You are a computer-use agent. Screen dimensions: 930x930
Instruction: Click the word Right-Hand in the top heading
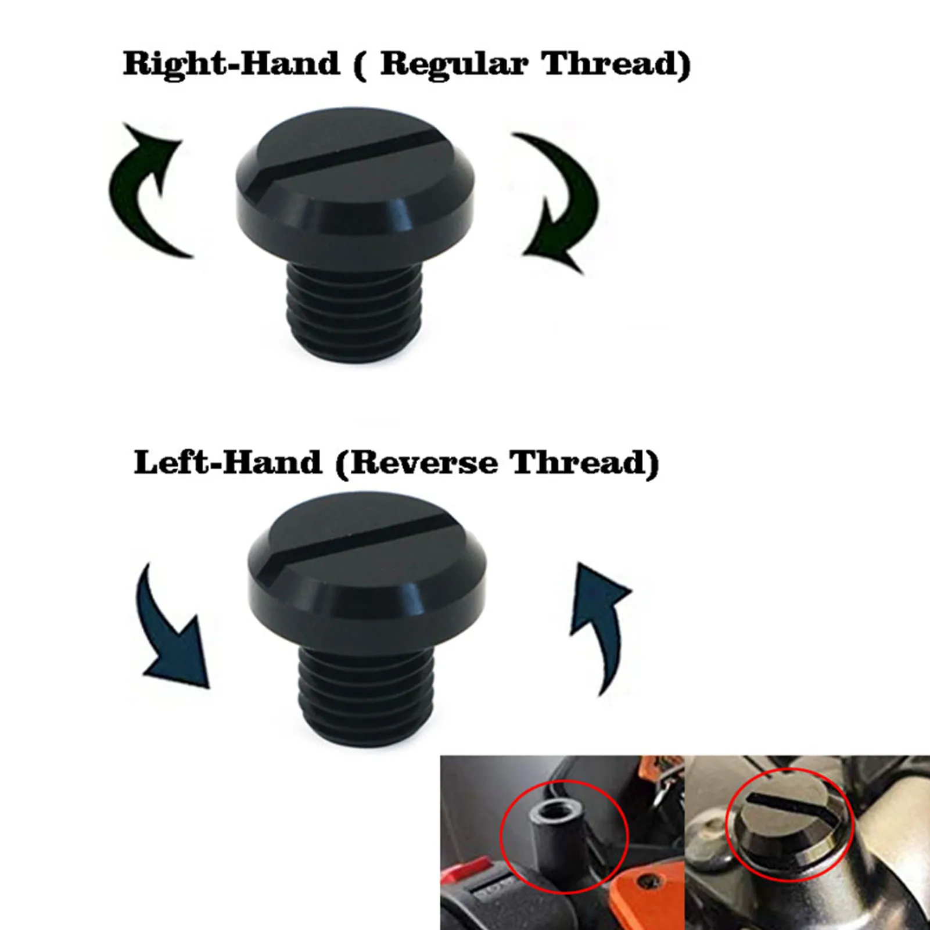(x=231, y=63)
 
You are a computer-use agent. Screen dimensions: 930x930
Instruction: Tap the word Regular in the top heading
(x=454, y=64)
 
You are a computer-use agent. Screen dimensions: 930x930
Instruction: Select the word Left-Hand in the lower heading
(x=228, y=463)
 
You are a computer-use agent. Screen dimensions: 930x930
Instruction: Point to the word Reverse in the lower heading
(x=423, y=463)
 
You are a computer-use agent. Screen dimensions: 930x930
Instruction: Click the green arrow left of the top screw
(x=145, y=186)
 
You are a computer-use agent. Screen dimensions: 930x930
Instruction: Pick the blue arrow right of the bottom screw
(x=598, y=622)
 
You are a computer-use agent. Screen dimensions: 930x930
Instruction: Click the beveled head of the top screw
(x=354, y=209)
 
